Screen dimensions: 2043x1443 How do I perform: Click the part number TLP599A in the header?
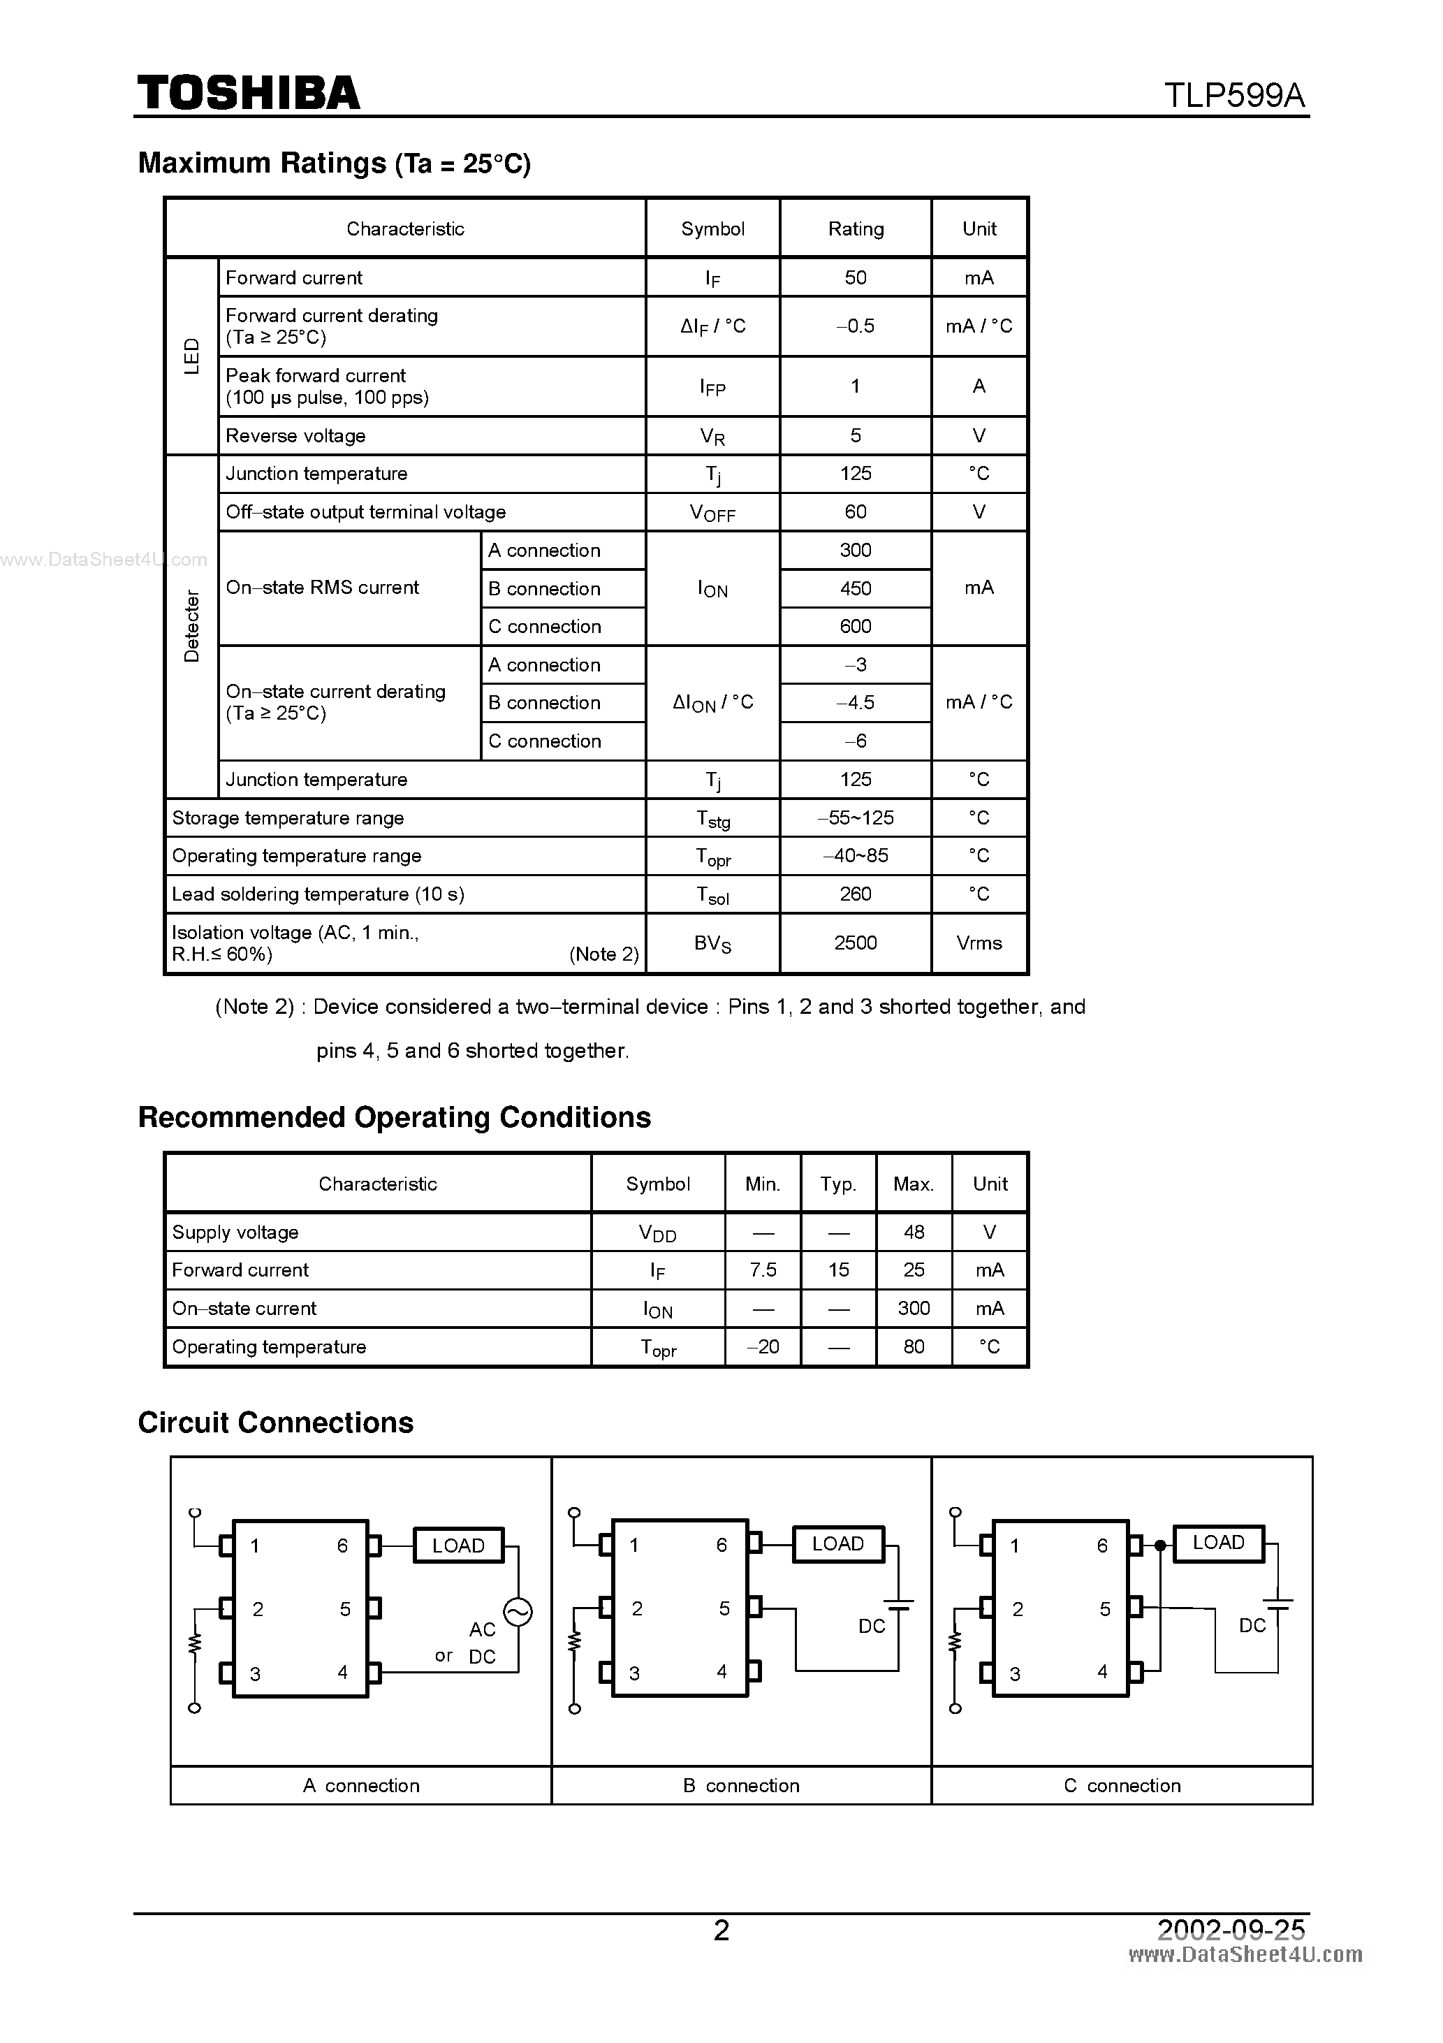[1234, 95]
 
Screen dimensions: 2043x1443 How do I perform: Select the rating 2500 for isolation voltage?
[855, 943]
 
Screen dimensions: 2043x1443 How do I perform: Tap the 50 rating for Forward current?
[855, 277]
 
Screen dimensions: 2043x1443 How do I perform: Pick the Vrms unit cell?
[979, 943]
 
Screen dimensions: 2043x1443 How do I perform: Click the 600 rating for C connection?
[855, 627]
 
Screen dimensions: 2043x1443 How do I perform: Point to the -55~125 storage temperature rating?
[855, 817]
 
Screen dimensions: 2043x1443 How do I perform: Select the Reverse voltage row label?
[295, 436]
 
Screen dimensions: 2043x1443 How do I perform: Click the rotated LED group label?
[191, 356]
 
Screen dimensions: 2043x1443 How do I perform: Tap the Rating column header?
[856, 228]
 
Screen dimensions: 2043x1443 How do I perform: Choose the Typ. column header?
[838, 1184]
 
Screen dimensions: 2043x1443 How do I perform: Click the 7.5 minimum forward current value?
[763, 1270]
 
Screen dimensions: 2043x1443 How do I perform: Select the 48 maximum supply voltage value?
[914, 1233]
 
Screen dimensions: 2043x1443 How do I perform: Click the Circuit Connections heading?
[276, 1422]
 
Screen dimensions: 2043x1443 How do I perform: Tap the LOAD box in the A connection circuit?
[458, 1546]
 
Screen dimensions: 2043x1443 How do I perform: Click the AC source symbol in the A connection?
[518, 1611]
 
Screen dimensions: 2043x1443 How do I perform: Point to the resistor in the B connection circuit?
[576, 1639]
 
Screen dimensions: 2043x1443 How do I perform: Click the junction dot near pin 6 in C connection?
[1160, 1546]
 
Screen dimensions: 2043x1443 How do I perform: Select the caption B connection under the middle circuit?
[741, 1785]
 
